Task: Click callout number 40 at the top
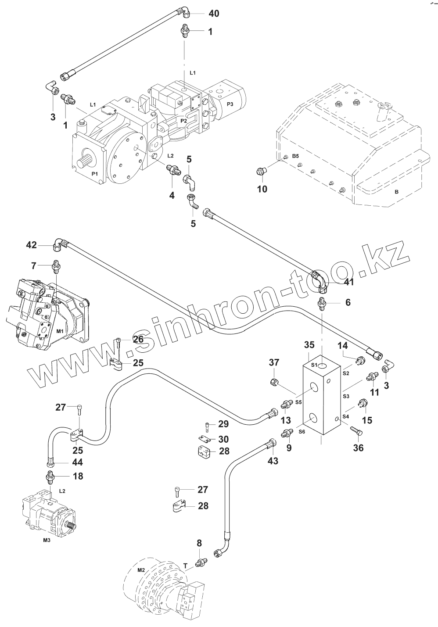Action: (213, 14)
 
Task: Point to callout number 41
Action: (348, 283)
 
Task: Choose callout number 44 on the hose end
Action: (78, 462)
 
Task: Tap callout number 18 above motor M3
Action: (78, 476)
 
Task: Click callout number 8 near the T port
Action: (199, 543)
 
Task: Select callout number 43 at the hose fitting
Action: (273, 461)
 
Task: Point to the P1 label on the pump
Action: (94, 174)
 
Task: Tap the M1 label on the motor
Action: (60, 331)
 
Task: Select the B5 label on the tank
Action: (295, 156)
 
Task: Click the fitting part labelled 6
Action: (322, 303)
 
